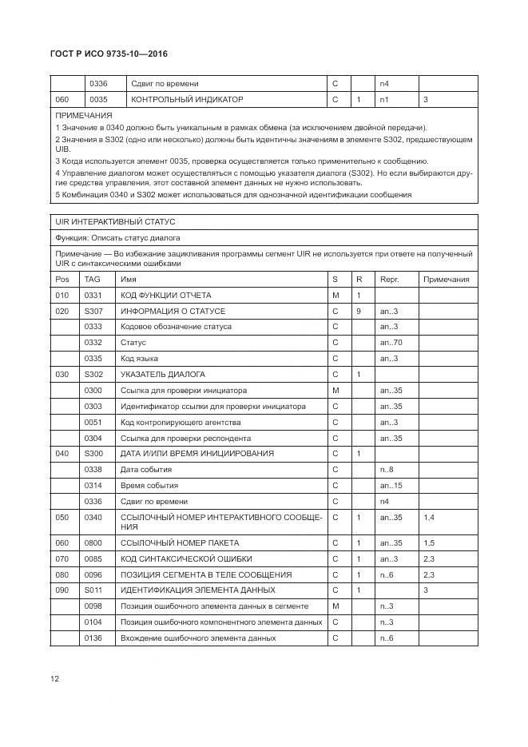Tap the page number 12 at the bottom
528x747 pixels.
tap(55, 679)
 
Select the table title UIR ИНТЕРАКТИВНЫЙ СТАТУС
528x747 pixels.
tap(114, 221)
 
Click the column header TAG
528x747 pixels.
tap(93, 280)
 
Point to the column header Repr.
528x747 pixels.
tap(389, 280)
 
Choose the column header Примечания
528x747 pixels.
tap(446, 280)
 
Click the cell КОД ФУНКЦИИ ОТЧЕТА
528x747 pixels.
tap(165, 296)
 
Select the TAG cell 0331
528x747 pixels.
tap(93, 296)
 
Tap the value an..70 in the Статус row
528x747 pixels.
tap(391, 343)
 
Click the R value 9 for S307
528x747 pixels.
tap(359, 311)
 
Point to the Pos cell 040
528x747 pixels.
tap(62, 454)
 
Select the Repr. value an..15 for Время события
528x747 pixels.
tap(391, 486)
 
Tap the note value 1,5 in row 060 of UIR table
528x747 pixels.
tap(429, 543)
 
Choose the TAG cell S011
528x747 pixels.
tap(93, 590)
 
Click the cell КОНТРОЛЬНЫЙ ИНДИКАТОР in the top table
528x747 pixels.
tap(186, 100)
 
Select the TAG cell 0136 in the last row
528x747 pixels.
tap(93, 638)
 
